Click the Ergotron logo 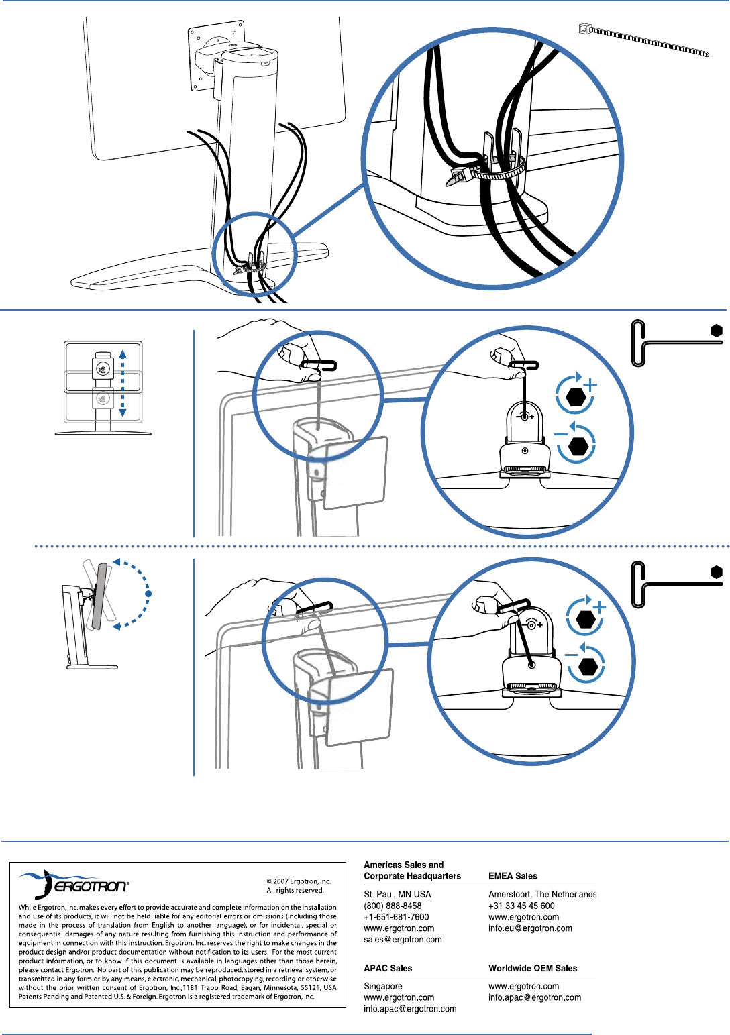(74, 885)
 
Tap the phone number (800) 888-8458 (393, 906)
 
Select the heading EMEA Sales (513, 876)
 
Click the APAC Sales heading (388, 968)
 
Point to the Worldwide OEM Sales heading (533, 968)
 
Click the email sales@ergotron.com (403, 940)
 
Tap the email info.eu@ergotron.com (530, 928)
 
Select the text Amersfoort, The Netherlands (542, 894)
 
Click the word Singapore (383, 986)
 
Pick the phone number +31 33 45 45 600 (521, 906)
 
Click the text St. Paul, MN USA (397, 894)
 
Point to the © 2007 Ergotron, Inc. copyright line (299, 881)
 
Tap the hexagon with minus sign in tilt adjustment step (588, 667)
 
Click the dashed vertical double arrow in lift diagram (123, 383)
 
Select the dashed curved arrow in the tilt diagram (141, 593)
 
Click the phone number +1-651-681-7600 (396, 917)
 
